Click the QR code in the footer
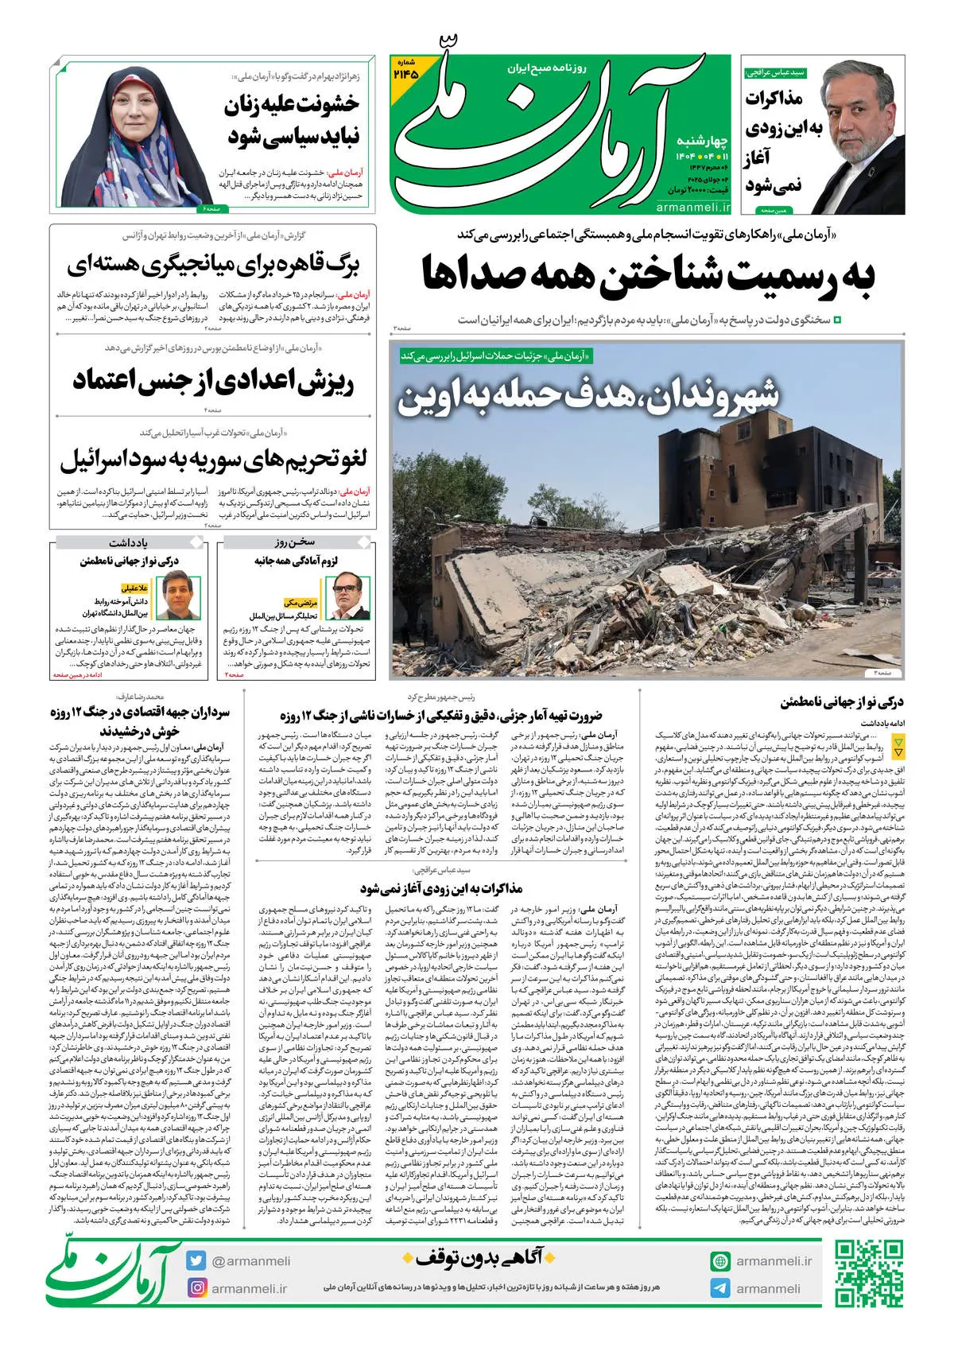tap(868, 1274)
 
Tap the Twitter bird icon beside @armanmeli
tap(196, 1260)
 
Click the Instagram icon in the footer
tap(196, 1287)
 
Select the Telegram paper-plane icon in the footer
tap(720, 1288)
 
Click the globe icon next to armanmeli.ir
tap(720, 1261)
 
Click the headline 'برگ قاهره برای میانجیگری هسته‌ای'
tap(213, 265)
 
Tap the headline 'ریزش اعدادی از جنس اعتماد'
tap(213, 380)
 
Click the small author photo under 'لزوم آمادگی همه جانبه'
tap(350, 597)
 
